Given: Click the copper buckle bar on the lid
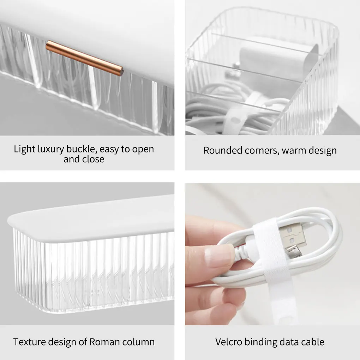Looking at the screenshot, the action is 84,58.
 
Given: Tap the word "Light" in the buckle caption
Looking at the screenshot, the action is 25,149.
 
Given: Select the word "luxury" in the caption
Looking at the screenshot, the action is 51,149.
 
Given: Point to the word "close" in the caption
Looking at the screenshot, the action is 93,159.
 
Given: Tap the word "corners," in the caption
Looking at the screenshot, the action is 262,151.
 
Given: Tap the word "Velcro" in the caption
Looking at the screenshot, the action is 229,342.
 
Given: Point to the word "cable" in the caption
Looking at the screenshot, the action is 313,342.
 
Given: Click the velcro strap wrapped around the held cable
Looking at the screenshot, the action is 273,264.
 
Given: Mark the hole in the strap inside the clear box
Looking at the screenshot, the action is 234,120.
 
